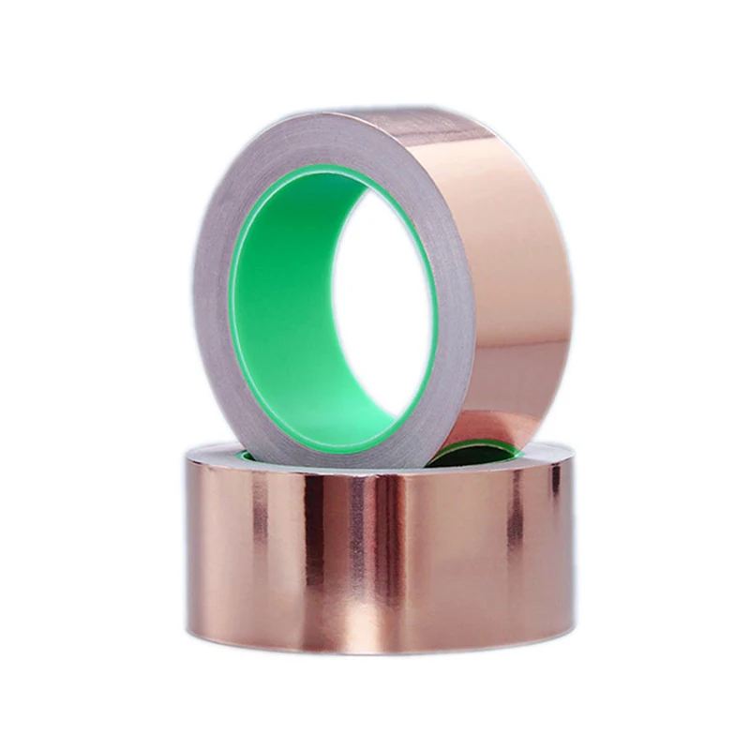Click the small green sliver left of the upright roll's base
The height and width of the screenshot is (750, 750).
(247, 456)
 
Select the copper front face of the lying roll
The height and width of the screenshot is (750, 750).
(375, 562)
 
